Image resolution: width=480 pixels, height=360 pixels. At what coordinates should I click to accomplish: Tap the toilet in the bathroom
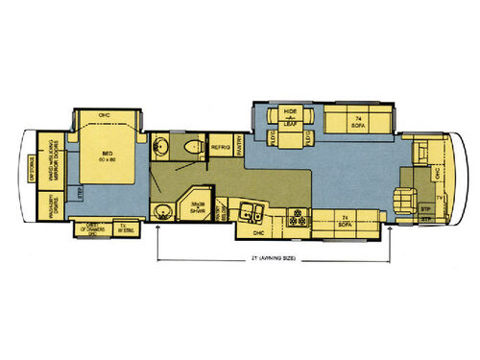[x=195, y=147]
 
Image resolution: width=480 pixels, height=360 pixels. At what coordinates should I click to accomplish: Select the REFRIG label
[x=220, y=148]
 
